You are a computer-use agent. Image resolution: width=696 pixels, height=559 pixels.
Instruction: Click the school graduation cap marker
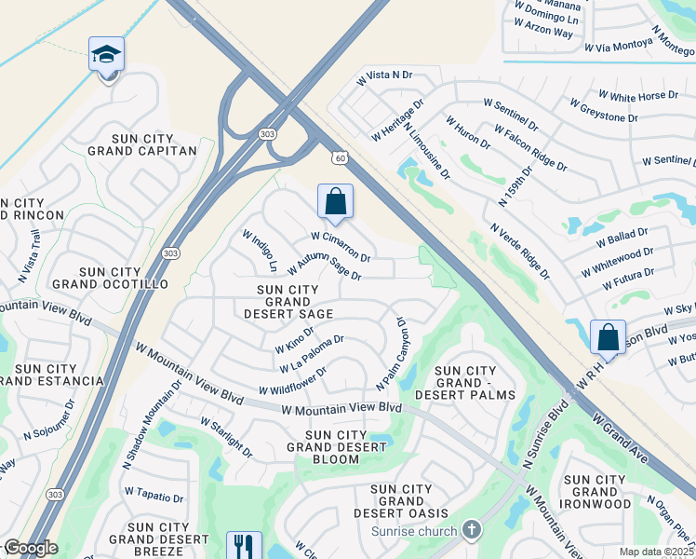(106, 55)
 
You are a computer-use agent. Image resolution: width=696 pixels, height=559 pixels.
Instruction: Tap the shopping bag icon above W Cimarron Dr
(335, 200)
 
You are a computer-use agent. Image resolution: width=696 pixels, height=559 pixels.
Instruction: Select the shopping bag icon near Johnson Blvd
(608, 336)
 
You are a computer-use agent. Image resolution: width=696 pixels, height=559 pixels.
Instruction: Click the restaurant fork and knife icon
(244, 545)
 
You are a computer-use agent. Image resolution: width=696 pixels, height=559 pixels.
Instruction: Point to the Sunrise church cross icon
(472, 531)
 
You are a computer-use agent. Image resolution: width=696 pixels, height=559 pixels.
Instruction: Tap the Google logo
(30, 548)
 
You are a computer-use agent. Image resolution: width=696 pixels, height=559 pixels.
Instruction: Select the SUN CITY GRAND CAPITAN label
(142, 144)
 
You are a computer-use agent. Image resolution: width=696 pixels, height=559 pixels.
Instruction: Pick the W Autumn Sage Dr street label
(324, 266)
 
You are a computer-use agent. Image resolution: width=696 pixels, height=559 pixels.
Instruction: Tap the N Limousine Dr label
(427, 147)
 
